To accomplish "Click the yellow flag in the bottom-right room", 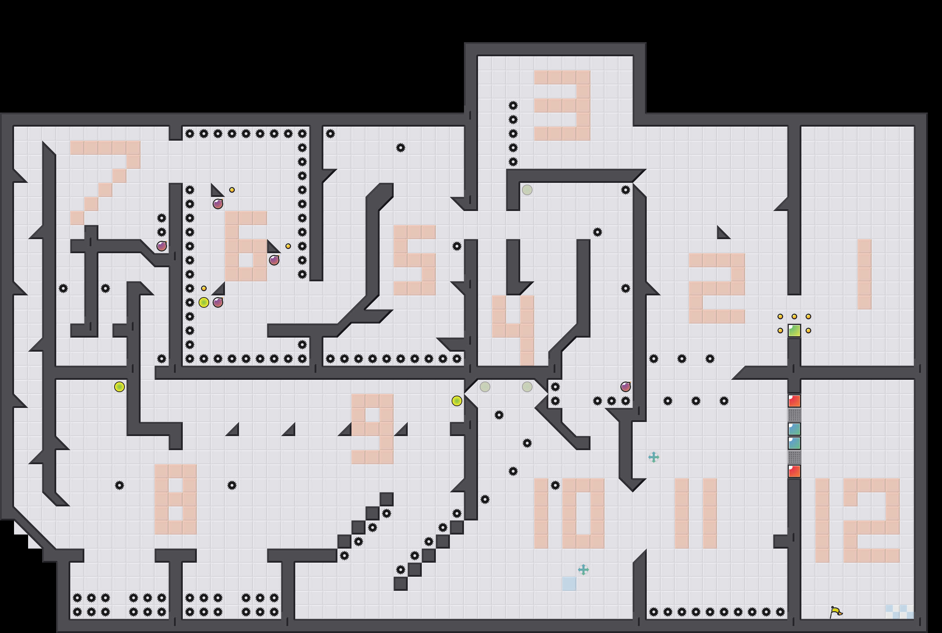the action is (836, 612).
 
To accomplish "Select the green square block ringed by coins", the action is (794, 331).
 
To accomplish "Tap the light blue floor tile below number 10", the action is (569, 584).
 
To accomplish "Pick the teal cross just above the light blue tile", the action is (583, 570).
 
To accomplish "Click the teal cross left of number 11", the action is (653, 457).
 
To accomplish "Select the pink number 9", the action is (372, 429).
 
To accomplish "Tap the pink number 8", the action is (175, 499).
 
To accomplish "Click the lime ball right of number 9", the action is (457, 401).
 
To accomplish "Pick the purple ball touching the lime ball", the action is (218, 302).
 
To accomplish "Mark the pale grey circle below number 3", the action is (527, 190).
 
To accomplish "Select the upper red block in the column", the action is (794, 401).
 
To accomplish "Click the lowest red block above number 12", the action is (794, 471).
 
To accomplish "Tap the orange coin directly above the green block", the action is (794, 316).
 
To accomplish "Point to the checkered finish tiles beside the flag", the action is (899, 612).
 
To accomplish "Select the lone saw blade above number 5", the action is (401, 148).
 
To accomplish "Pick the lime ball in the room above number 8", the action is (120, 387).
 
